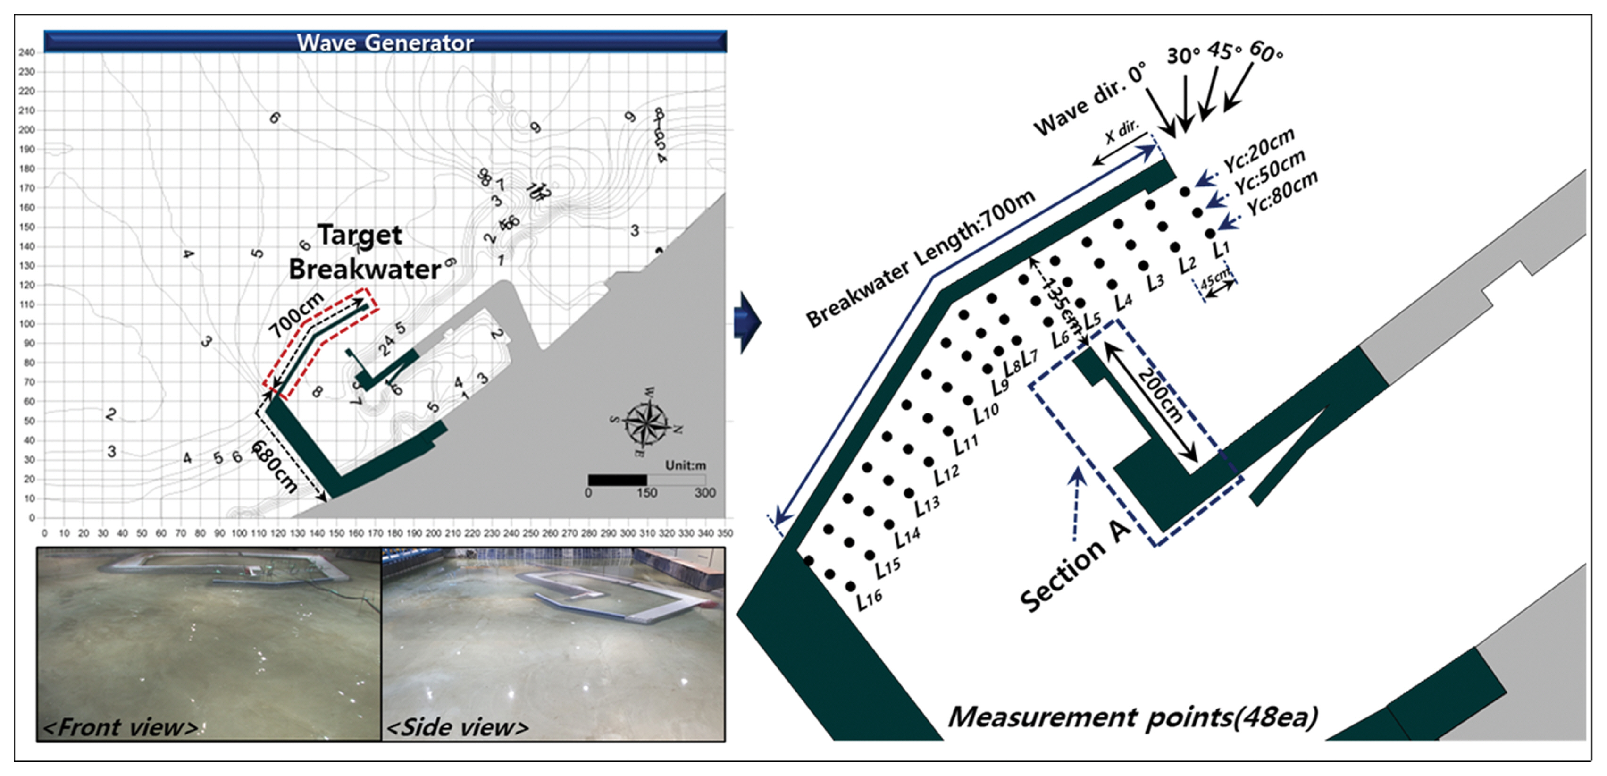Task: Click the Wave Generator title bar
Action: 385,42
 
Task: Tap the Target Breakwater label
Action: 365,252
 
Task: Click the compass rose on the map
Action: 646,422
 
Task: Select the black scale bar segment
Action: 617,480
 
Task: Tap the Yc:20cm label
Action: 1259,150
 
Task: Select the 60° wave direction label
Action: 1266,52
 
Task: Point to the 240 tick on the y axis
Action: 26,52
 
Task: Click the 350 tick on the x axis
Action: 724,533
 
